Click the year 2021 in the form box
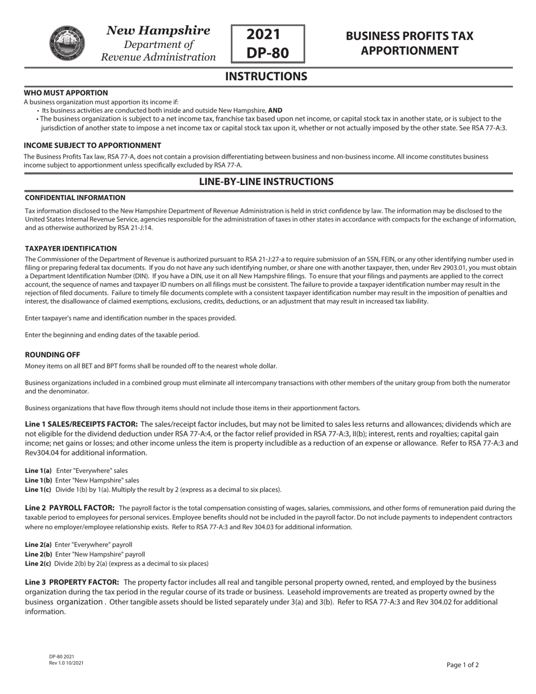click(268, 34)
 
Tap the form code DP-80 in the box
click(268, 52)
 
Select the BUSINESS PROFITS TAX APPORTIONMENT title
click(409, 43)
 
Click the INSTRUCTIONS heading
click(266, 76)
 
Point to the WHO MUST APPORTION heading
click(65, 93)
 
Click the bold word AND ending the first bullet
click(275, 111)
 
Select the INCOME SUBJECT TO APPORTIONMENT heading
click(92, 146)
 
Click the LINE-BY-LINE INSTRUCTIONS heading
click(266, 182)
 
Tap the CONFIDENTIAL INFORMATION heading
click(75, 197)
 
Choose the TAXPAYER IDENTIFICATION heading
click(71, 248)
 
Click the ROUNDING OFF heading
click(52, 355)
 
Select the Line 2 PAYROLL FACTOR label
click(70, 508)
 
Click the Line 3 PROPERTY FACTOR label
click(72, 582)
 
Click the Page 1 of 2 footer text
click(462, 665)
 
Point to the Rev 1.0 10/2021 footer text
click(66, 662)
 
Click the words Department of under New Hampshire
click(159, 44)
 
